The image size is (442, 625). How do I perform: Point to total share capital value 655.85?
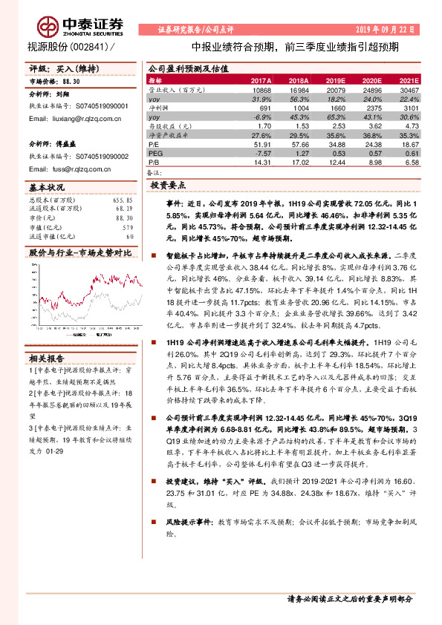point(123,200)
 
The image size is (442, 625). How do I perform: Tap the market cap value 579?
point(126,227)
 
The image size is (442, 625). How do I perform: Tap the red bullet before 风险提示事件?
point(149,523)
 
